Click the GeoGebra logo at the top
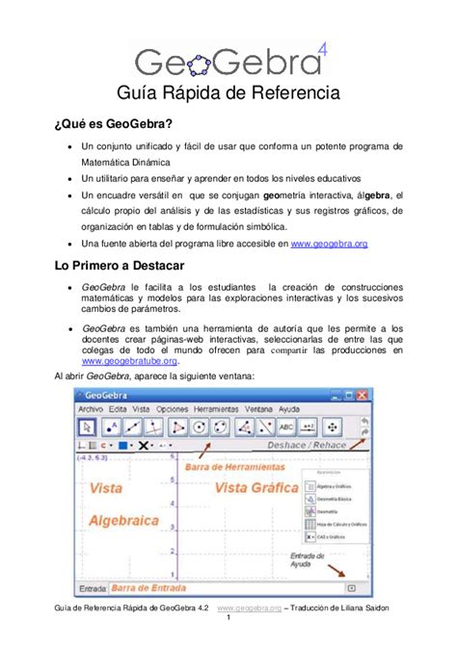[228, 59]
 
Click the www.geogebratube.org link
[131, 361]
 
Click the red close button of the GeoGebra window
[363, 395]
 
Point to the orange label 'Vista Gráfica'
[256, 488]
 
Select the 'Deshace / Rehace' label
[306, 446]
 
